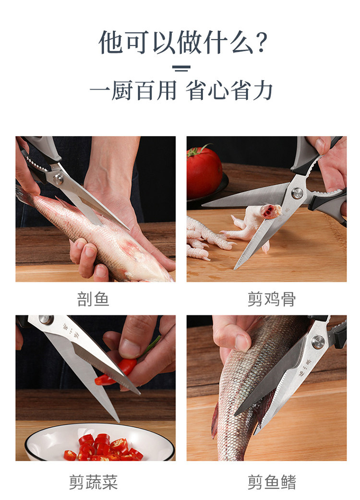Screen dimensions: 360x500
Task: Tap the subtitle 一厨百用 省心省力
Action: [181, 91]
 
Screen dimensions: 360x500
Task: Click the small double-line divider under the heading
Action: [181, 68]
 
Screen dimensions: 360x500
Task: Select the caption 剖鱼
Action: [93, 299]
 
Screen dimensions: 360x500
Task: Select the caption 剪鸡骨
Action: [271, 299]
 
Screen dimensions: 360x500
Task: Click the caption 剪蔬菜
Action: [93, 482]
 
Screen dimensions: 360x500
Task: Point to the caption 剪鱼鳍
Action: [271, 482]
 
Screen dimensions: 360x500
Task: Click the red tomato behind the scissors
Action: [204, 173]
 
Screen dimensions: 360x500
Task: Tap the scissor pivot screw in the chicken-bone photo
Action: [297, 193]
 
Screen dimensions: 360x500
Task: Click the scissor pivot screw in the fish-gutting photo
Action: [58, 179]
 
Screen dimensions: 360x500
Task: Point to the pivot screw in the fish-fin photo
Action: [318, 342]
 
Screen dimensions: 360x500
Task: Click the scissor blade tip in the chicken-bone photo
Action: [236, 268]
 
